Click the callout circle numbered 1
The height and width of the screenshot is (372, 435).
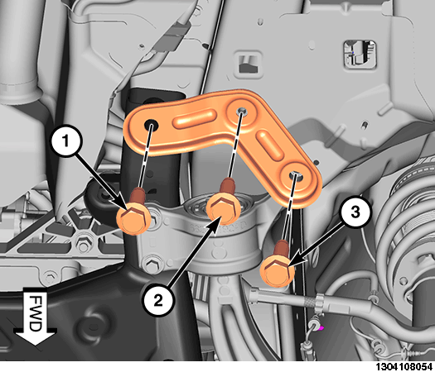[x=65, y=141]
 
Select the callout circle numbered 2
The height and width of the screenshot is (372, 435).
[x=157, y=301]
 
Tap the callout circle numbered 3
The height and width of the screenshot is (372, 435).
[x=355, y=212]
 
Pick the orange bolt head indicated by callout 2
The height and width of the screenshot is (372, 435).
[x=224, y=209]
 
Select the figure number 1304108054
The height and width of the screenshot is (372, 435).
[x=404, y=367]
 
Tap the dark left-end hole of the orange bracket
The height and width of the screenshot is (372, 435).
[x=152, y=125]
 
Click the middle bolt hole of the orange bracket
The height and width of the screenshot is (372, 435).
[x=241, y=111]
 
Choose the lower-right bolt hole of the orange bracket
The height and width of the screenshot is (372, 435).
[x=295, y=175]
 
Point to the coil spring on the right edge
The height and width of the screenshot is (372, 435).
[x=406, y=227]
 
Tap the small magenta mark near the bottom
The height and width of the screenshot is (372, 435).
[x=321, y=328]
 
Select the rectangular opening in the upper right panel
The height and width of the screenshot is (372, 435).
[x=360, y=55]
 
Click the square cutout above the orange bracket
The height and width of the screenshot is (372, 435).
[x=249, y=64]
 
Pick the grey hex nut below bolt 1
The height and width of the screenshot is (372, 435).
[x=83, y=244]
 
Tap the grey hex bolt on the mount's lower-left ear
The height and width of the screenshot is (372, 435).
[x=151, y=264]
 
